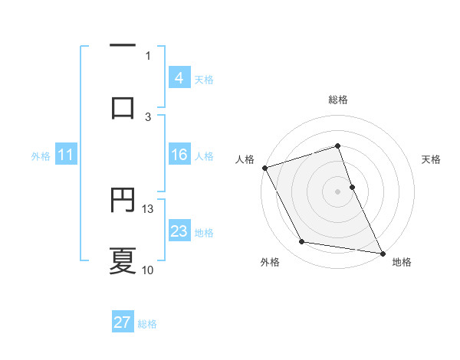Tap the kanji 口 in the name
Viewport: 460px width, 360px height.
pyautogui.click(x=123, y=107)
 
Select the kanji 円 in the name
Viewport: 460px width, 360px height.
pyautogui.click(x=123, y=201)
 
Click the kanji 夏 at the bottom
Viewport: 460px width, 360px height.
pyautogui.click(x=123, y=260)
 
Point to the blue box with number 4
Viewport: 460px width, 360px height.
pyautogui.click(x=179, y=77)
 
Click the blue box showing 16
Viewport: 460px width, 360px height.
pyautogui.click(x=179, y=155)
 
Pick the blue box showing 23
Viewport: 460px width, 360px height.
pyautogui.click(x=179, y=231)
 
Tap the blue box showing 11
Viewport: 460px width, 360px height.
pyautogui.click(x=65, y=155)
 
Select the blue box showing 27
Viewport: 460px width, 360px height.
pyautogui.click(x=123, y=322)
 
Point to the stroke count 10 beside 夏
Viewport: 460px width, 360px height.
pyautogui.click(x=148, y=270)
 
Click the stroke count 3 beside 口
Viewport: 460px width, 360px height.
pyautogui.click(x=149, y=116)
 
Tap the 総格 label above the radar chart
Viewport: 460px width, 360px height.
pyautogui.click(x=338, y=100)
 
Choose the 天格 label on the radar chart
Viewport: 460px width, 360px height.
pyautogui.click(x=432, y=159)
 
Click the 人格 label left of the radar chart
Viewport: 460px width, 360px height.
pyautogui.click(x=245, y=159)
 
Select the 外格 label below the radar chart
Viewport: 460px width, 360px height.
pyautogui.click(x=270, y=262)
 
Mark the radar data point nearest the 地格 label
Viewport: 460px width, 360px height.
pyautogui.click(x=383, y=252)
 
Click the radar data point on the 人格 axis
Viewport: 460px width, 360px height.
pyautogui.click(x=264, y=167)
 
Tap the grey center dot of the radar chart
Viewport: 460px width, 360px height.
pyautogui.click(x=338, y=191)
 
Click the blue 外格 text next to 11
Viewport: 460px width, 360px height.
pyautogui.click(x=41, y=155)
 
